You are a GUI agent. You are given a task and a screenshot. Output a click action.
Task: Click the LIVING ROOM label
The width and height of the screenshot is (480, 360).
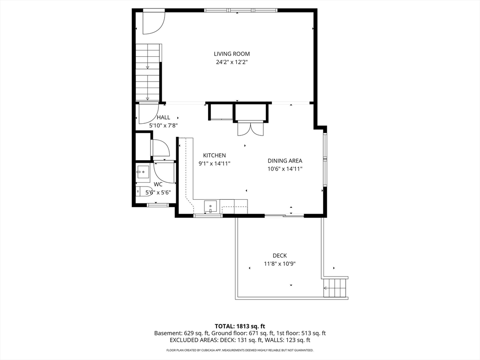pyautogui.click(x=232, y=54)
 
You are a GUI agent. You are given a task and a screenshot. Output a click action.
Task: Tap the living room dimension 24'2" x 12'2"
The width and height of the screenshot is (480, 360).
pyautogui.click(x=232, y=62)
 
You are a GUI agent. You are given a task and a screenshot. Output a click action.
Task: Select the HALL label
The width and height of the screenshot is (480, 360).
pyautogui.click(x=164, y=117)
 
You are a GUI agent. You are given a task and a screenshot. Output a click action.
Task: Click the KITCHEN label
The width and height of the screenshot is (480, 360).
pyautogui.click(x=214, y=156)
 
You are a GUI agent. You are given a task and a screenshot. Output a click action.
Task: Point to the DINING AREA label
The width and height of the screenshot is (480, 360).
pyautogui.click(x=285, y=161)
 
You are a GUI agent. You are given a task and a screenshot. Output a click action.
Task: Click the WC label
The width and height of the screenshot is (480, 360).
pyautogui.click(x=158, y=184)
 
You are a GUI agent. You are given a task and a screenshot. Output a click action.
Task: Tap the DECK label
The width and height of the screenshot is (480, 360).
pyautogui.click(x=280, y=255)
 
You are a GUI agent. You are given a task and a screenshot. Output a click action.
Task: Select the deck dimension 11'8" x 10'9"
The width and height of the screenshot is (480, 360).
pyautogui.click(x=280, y=263)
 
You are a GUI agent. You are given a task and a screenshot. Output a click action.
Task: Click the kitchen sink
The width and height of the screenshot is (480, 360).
pyautogui.click(x=210, y=207)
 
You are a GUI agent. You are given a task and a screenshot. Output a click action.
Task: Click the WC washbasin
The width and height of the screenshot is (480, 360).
pyautogui.click(x=142, y=172)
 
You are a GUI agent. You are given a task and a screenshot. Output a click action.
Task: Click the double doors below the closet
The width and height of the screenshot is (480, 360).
pyautogui.click(x=250, y=128)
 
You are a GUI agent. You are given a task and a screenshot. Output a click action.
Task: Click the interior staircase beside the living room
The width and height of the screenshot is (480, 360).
pyautogui.click(x=149, y=72)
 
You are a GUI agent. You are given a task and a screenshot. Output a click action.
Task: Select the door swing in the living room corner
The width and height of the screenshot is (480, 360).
pyautogui.click(x=154, y=22)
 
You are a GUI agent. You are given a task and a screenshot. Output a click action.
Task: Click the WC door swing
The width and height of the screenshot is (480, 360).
pyautogui.click(x=164, y=172)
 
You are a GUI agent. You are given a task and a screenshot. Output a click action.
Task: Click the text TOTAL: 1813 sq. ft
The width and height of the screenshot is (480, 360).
pyautogui.click(x=240, y=326)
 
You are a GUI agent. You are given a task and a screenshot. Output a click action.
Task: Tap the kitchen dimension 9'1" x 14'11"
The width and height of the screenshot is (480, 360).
pyautogui.click(x=214, y=164)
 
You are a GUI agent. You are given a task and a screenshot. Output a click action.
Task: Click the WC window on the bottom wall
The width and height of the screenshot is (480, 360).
pyautogui.click(x=157, y=205)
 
